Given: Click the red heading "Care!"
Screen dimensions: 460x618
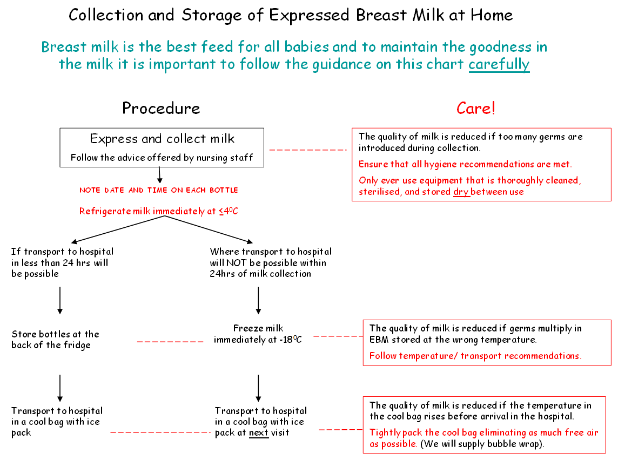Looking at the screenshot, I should pos(475,108).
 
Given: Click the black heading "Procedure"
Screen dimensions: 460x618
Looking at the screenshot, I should pos(161,108).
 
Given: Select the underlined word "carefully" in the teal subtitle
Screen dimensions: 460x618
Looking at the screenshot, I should pos(499,64).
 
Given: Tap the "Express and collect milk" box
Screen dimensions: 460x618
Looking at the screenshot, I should pos(162,147).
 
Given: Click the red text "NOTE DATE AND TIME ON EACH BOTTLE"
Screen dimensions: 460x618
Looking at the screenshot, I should pos(159,190).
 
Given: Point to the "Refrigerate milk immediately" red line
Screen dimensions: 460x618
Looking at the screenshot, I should pos(159,211).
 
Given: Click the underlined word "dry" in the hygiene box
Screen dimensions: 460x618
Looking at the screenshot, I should pos(461,192).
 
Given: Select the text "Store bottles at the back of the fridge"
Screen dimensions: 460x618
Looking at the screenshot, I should pos(55,340).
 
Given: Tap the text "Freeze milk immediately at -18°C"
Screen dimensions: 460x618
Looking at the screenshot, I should pos(258,334).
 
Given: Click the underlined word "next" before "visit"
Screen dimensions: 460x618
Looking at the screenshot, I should pos(259,432).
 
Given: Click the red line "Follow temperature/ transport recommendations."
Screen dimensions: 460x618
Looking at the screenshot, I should pos(475,356).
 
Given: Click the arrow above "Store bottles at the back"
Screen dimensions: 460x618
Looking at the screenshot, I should pos(60,300).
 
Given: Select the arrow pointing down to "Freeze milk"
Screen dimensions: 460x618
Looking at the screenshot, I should pos(258,300).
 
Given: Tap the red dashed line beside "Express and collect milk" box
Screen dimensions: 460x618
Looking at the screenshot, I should pos(307,150).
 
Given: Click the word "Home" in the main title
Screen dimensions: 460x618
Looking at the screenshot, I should pos(491,15).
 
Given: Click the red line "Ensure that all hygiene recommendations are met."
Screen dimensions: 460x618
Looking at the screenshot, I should pos(465,164).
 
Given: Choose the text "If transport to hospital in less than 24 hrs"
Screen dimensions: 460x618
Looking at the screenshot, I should pos(62,262).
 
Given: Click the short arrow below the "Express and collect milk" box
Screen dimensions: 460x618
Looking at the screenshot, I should pos(160,174).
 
